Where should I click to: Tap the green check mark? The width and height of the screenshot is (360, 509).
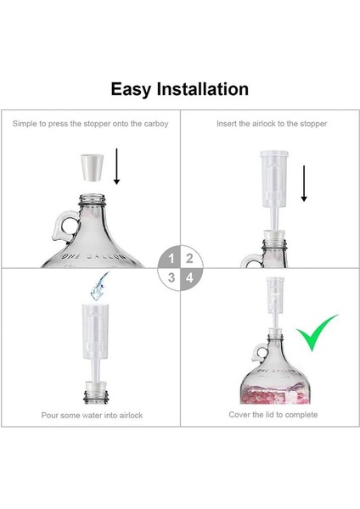(316, 335)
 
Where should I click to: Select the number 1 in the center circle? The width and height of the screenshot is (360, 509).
(172, 259)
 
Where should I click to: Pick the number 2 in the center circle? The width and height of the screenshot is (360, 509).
(188, 259)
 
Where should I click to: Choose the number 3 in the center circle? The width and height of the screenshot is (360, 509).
(172, 277)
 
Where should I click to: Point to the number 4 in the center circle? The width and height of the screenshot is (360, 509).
(188, 277)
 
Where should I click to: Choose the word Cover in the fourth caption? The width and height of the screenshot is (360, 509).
(241, 415)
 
